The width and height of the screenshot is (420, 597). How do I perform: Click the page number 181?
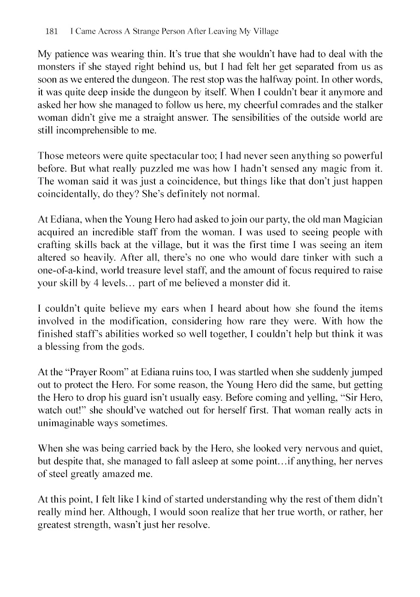tap(52, 32)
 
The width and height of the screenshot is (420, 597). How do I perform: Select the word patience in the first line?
tap(71, 53)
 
